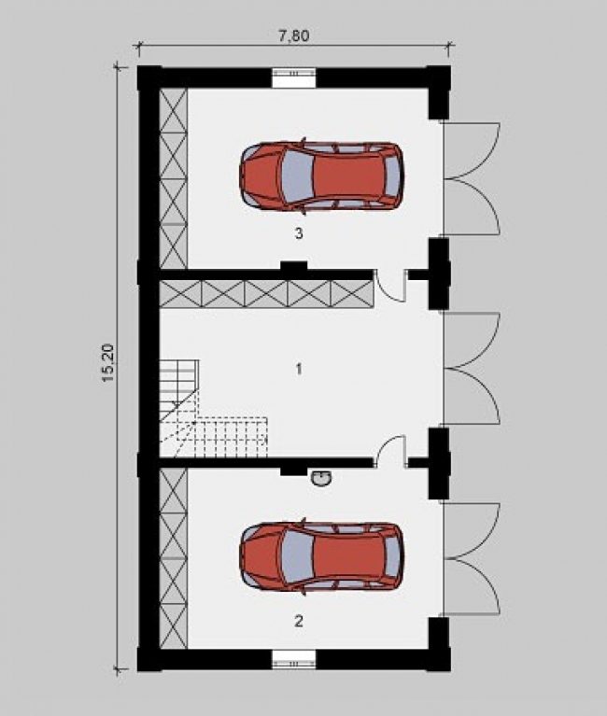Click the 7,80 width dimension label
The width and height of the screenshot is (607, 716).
pos(293,35)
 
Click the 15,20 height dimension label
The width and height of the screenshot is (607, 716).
pos(108,362)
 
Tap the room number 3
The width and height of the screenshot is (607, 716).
pos(299,233)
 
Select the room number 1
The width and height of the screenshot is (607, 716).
pos(299,369)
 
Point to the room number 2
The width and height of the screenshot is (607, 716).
pos(299,621)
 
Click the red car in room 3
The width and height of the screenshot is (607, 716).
pos(321,175)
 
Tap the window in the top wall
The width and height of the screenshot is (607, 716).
pos(293,77)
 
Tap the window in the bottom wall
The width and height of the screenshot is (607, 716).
pos(293,659)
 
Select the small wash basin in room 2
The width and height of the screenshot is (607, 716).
pos(322,479)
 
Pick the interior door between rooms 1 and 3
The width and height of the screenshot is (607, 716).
pos(390,286)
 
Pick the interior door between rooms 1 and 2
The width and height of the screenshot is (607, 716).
pos(390,452)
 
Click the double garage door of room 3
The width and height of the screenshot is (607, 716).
pos(473,179)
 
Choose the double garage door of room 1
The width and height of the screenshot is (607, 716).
pos(473,368)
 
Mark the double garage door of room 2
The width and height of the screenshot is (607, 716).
pos(473,558)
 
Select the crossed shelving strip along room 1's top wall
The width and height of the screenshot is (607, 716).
pos(266,294)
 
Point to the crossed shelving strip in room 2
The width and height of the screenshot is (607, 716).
pos(174,558)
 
